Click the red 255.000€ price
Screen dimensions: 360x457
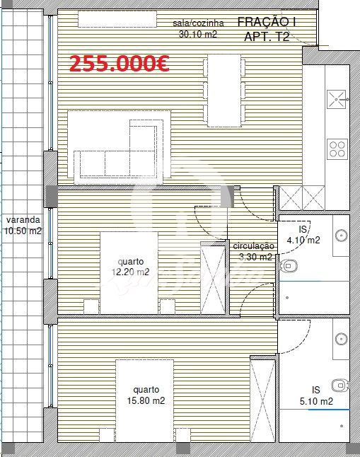(x=120, y=64)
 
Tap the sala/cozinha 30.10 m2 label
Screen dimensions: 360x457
(x=198, y=28)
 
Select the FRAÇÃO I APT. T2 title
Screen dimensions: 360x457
(x=267, y=29)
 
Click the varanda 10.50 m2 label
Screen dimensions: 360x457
(x=23, y=225)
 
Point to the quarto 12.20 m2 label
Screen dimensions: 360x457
(x=131, y=267)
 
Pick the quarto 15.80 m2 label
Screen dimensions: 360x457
(x=146, y=395)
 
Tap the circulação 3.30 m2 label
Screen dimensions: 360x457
(x=254, y=251)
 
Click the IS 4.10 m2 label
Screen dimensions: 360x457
(x=303, y=235)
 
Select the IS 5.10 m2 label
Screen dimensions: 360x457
(x=316, y=395)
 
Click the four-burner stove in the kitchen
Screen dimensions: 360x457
(x=337, y=149)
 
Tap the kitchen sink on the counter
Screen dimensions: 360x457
(x=337, y=99)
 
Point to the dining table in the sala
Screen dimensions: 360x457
(x=224, y=91)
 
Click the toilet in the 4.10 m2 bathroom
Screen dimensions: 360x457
(x=288, y=266)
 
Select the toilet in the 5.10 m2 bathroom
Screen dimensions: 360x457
(x=341, y=386)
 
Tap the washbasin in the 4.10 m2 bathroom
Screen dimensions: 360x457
(x=341, y=236)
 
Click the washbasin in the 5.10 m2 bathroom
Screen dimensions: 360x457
(x=341, y=339)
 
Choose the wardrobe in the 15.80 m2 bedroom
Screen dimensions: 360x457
(x=262, y=400)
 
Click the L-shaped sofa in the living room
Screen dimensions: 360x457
(x=119, y=147)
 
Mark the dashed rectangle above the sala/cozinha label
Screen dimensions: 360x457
(x=117, y=19)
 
